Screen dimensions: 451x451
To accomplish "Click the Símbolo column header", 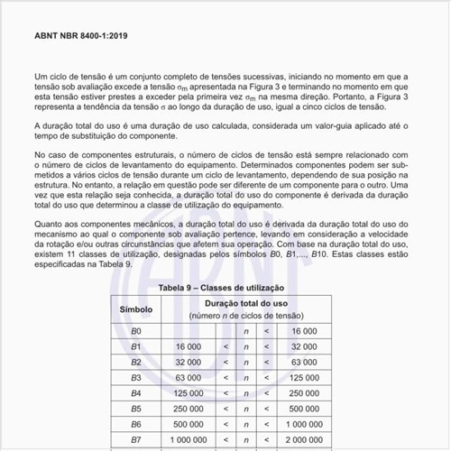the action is coord(135,308).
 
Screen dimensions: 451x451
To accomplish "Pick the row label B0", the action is coord(135,331).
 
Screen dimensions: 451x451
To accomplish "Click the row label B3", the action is coord(135,378).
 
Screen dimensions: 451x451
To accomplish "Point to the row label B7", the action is coord(135,440).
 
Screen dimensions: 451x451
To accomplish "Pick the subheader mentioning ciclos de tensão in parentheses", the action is coord(243,316).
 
